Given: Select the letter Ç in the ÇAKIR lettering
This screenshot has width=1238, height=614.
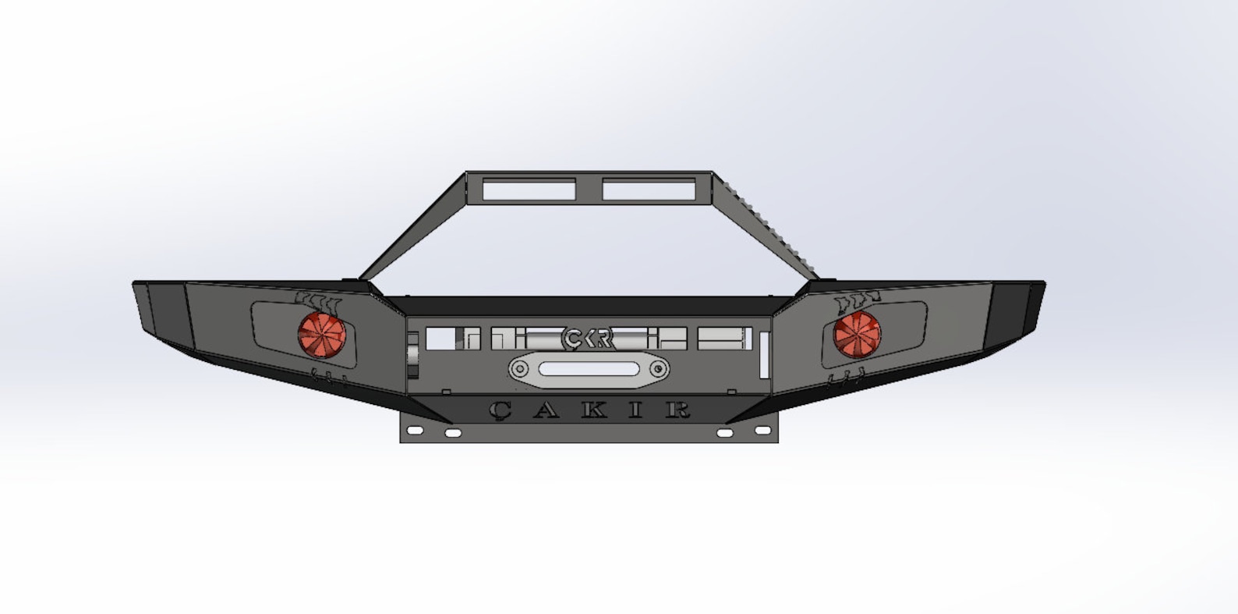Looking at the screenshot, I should click(500, 410).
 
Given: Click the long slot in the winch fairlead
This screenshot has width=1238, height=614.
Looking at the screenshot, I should click(589, 369).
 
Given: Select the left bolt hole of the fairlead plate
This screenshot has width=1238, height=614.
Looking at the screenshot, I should click(519, 369).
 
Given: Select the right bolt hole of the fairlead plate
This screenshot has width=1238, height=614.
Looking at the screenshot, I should click(659, 369).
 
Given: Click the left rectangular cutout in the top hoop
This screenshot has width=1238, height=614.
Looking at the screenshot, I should click(529, 190).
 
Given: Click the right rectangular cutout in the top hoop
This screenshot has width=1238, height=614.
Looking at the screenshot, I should click(649, 190).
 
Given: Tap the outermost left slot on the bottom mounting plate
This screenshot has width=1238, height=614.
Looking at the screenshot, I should click(414, 430).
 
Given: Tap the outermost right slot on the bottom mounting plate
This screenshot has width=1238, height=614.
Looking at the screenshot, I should click(762, 430).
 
